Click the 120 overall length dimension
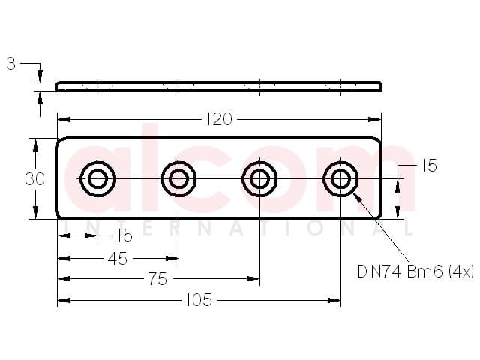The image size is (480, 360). (x=220, y=119)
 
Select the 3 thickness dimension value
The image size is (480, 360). (x=11, y=64)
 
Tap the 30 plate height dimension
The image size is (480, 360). (x=34, y=179)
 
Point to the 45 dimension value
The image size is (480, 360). (x=118, y=259)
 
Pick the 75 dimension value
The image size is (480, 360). (x=158, y=279)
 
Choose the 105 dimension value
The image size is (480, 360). (x=199, y=300)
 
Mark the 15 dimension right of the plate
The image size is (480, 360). (x=429, y=166)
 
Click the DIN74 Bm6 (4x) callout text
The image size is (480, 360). (x=415, y=271)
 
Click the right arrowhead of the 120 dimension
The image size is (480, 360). (x=375, y=119)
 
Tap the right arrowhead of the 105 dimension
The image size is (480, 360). (x=334, y=300)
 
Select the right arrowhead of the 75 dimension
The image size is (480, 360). (x=253, y=278)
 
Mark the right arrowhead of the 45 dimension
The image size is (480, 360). (x=172, y=259)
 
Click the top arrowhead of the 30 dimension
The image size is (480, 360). (x=35, y=145)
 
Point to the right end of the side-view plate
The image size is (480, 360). (x=382, y=87)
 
